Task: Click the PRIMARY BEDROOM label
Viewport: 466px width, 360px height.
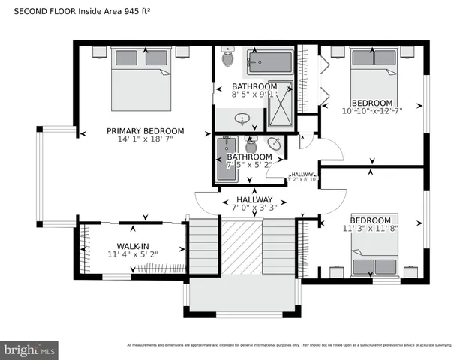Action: coord(140,130)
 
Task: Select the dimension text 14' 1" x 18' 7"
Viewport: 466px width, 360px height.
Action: coord(140,139)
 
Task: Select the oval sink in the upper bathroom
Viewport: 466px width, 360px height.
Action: coord(242,118)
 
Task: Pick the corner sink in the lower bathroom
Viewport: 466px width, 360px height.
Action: coord(274,144)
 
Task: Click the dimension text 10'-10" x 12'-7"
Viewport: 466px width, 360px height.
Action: coord(372,112)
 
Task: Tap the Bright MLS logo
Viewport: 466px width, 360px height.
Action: coord(30,349)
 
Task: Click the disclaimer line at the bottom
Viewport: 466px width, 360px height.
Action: coord(289,345)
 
